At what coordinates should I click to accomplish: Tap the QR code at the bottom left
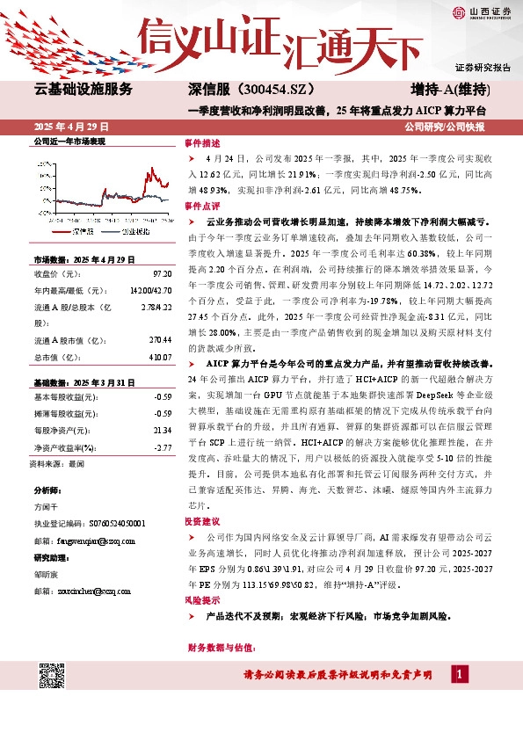pos(53,678)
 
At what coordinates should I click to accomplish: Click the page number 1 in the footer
pos(458,673)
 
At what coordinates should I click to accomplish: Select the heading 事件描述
pos(201,142)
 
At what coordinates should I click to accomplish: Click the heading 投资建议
pos(201,521)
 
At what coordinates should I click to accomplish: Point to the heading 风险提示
pos(201,599)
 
